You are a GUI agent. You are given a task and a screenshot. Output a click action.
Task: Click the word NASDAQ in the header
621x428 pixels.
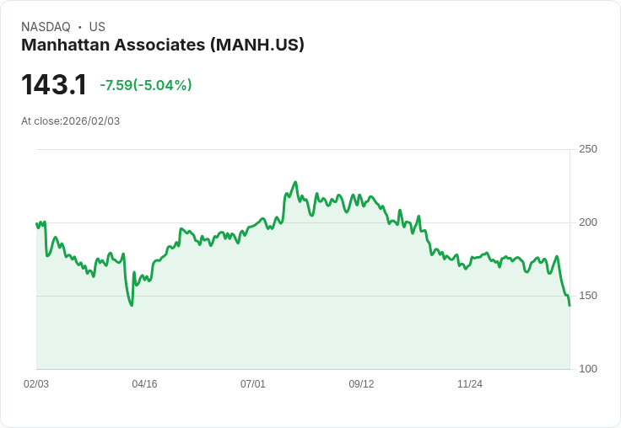click(x=46, y=27)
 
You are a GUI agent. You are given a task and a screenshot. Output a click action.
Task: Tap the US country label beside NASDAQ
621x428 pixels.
click(x=97, y=27)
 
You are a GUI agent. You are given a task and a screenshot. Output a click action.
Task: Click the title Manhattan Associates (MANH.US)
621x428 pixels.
click(x=163, y=45)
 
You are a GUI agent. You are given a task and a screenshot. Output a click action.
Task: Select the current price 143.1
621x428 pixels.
click(x=54, y=84)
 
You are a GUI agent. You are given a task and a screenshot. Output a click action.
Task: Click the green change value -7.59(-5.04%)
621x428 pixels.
click(x=146, y=85)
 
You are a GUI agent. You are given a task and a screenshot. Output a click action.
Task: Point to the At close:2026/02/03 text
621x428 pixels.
click(x=70, y=121)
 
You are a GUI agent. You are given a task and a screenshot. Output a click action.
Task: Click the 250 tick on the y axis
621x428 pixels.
click(x=587, y=149)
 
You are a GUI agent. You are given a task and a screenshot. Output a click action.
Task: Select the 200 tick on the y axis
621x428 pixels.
click(x=587, y=222)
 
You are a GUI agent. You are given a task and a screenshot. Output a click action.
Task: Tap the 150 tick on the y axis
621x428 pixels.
click(x=587, y=296)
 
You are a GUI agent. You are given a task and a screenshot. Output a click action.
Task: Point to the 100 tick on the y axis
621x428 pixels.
click(x=587, y=369)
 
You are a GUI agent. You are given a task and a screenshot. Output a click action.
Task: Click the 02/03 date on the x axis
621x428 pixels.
click(x=36, y=384)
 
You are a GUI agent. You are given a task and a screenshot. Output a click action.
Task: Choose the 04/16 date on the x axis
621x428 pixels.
click(x=144, y=384)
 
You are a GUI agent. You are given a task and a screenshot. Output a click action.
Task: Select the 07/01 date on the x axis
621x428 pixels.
click(x=253, y=384)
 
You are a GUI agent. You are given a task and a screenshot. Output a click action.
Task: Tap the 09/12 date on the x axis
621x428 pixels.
click(x=361, y=384)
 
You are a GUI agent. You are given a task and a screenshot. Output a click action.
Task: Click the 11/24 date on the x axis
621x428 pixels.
click(x=470, y=384)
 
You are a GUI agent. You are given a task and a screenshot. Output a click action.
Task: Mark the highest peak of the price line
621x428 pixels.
click(x=295, y=182)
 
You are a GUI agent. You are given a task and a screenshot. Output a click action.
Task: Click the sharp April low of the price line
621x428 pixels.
click(x=132, y=305)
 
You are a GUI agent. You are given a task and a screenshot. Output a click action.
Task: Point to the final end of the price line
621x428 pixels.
click(x=570, y=305)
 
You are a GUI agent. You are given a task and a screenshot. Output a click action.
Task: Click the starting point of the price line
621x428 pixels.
click(x=36, y=223)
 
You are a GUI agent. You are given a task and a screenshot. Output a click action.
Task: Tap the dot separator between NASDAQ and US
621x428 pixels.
click(x=80, y=27)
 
